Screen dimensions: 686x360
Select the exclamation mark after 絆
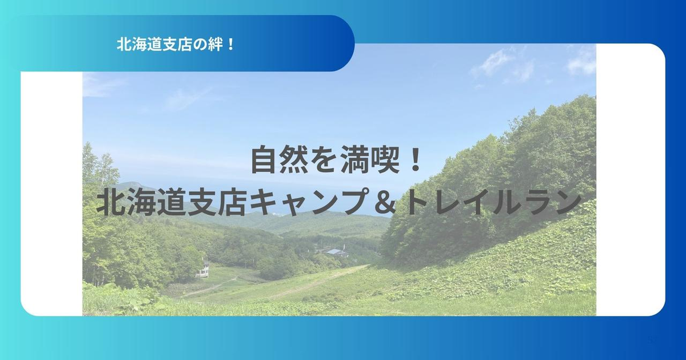[230, 45]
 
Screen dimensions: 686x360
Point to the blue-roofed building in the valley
[336, 253]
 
